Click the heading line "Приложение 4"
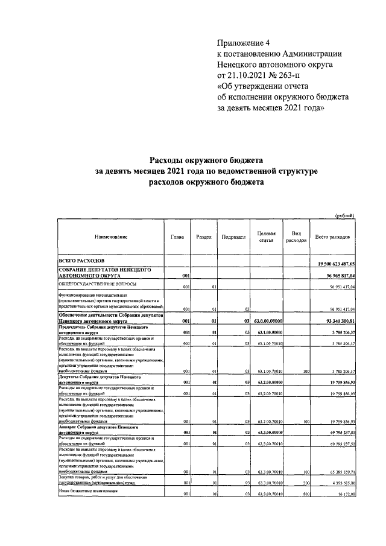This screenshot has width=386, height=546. pos(241,42)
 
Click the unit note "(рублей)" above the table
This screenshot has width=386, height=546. pos(344,215)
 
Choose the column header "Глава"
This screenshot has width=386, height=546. pos(177,237)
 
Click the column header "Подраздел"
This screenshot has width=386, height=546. pos(233,237)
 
